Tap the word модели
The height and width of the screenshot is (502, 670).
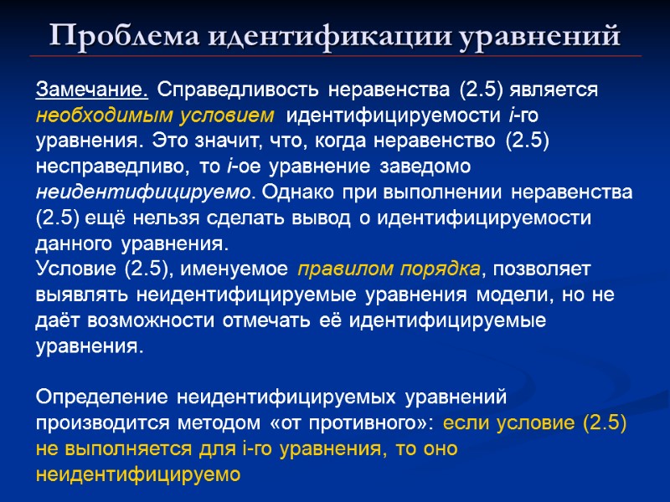pyautogui.click(x=514, y=295)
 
